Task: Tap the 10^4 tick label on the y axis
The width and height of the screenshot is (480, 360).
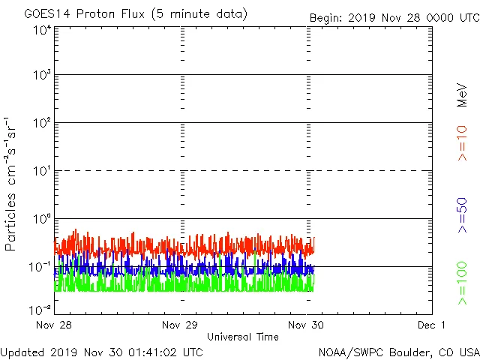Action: pyautogui.click(x=42, y=30)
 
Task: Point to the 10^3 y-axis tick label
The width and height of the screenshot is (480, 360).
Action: pyautogui.click(x=42, y=76)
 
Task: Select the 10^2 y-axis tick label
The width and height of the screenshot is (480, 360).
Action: pyautogui.click(x=42, y=123)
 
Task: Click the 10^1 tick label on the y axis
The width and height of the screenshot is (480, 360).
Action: pyautogui.click(x=42, y=171)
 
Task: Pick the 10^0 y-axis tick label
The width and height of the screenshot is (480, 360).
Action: pyautogui.click(x=42, y=219)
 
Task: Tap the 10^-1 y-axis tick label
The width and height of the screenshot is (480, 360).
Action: pyautogui.click(x=40, y=267)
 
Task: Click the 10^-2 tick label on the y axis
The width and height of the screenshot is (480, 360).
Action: pyautogui.click(x=40, y=309)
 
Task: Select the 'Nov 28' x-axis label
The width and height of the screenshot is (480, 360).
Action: pyautogui.click(x=54, y=325)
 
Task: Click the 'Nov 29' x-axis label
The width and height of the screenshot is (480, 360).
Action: pyautogui.click(x=180, y=325)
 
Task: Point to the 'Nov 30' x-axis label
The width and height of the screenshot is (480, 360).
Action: pyautogui.click(x=306, y=325)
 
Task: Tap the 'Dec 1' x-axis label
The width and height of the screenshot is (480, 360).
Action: pyautogui.click(x=432, y=325)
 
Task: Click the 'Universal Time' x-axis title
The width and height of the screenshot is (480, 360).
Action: pyautogui.click(x=243, y=337)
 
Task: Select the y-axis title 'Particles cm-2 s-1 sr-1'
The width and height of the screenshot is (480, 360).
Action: pyautogui.click(x=11, y=183)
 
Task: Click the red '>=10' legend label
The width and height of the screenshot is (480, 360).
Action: pyautogui.click(x=462, y=142)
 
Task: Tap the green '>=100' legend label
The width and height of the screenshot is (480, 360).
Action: pyautogui.click(x=462, y=283)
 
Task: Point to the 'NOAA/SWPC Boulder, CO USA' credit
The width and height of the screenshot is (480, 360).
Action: pyautogui.click(x=398, y=352)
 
